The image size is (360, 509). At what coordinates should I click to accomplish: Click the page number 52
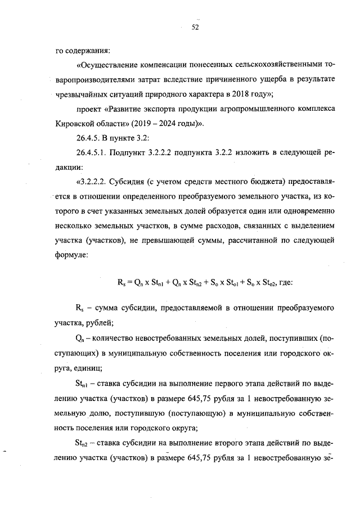click(195, 27)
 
